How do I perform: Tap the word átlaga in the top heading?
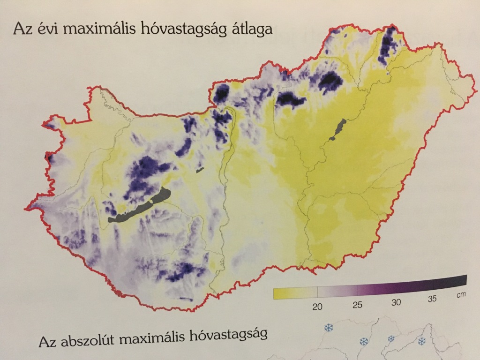point(250,28)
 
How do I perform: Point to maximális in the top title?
point(94,28)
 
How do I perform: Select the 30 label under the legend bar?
point(396,302)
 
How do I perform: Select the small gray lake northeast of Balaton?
point(201,170)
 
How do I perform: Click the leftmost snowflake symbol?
point(329,328)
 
